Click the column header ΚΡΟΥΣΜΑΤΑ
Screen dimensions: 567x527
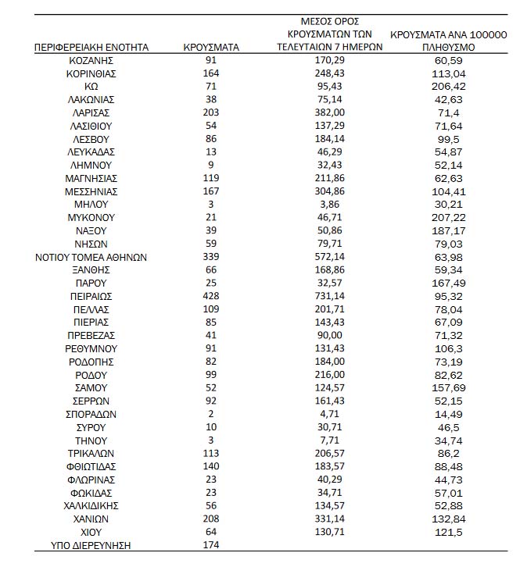211,47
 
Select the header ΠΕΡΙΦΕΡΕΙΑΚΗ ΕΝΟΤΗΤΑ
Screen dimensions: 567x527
91,47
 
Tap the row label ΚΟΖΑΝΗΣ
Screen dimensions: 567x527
91,60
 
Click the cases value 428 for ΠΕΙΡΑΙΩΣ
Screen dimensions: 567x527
211,296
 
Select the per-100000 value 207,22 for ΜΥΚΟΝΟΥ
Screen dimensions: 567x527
448,217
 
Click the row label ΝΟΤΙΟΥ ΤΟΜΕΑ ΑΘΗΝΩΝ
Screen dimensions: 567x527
91,257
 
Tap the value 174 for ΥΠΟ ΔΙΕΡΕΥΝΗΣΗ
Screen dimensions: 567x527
211,545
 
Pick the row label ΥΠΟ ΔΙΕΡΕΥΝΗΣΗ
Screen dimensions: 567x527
91,545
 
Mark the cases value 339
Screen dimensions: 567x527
211,257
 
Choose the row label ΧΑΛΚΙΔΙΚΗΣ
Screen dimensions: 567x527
91,505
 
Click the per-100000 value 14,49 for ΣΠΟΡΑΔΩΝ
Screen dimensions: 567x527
448,414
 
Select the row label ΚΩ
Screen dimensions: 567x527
91,86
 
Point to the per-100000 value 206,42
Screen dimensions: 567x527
448,86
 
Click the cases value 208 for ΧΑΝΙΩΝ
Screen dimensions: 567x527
211,519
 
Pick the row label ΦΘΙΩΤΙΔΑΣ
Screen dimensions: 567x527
91,466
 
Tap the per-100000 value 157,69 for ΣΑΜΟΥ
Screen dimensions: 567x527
448,388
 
